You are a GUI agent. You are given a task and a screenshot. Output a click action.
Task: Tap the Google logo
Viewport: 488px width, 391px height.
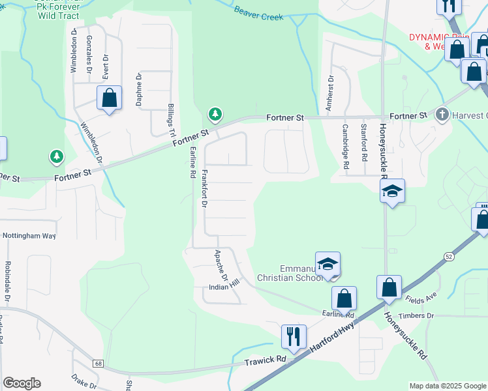point(22,383)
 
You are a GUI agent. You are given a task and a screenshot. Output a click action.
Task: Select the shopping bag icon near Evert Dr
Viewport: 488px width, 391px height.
point(110,98)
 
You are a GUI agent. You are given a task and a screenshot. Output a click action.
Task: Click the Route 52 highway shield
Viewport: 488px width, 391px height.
point(450,257)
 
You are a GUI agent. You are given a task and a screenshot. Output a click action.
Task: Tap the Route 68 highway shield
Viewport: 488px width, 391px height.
point(97,363)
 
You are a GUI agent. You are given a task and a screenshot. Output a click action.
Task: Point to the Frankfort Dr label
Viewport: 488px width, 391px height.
point(204,188)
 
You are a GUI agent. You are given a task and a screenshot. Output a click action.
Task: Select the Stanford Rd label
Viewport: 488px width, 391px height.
point(363,139)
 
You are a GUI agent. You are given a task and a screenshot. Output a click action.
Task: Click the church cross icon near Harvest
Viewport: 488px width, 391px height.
point(442,115)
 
